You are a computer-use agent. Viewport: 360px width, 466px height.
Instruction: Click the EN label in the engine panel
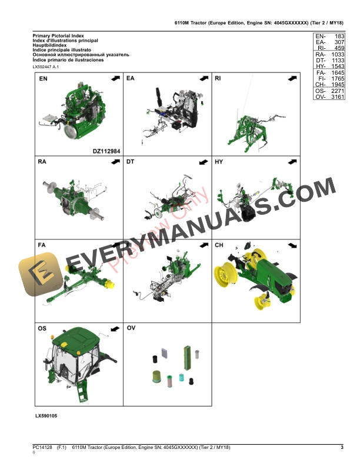pos(44,78)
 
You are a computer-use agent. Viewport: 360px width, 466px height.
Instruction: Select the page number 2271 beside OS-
pos(337,91)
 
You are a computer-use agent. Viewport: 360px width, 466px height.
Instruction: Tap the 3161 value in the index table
pos(337,98)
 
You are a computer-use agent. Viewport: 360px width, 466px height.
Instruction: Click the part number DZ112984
pos(106,151)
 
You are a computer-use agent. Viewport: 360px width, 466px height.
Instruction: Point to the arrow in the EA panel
pos(202,78)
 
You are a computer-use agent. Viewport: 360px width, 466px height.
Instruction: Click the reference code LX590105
pos(46,416)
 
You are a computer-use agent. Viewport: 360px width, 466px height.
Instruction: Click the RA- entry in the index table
pos(321,54)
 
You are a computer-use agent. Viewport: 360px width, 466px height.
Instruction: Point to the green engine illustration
pos(79,114)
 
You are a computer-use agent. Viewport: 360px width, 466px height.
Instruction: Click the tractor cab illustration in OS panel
pos(74,368)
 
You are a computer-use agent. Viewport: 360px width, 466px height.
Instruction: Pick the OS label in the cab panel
pos(43,327)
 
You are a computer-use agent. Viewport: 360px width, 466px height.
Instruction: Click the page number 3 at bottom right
pos(342,448)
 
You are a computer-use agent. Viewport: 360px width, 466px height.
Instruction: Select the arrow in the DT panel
pos(202,162)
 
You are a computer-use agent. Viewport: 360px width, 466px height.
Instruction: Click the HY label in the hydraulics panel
pos(219,162)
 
